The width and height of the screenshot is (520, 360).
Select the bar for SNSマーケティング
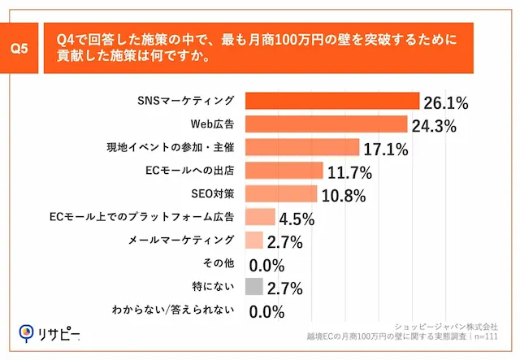coord(331,101)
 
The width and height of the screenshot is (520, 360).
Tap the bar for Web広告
coord(325,124)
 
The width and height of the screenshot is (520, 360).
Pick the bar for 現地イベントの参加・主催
coord(301,147)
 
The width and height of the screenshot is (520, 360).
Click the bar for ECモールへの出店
coord(284,171)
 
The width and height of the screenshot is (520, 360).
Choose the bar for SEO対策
coord(280,193)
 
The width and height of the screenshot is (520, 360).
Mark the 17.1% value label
coord(386,149)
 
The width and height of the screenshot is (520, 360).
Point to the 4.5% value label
coord(296,219)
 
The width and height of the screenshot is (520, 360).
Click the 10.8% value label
coord(344,195)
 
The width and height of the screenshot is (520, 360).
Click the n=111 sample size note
coord(486,335)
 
